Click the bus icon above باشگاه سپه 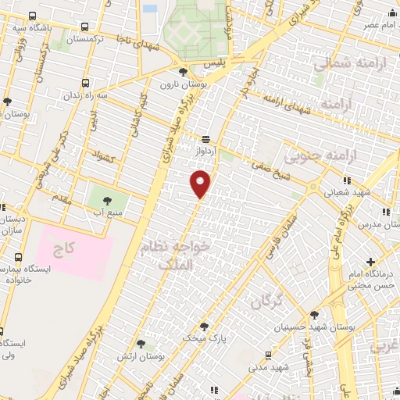click(31, 16)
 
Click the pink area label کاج click(62, 252)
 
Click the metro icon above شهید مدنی click(275, 352)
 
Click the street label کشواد click(103, 156)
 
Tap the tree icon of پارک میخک click(205, 327)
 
